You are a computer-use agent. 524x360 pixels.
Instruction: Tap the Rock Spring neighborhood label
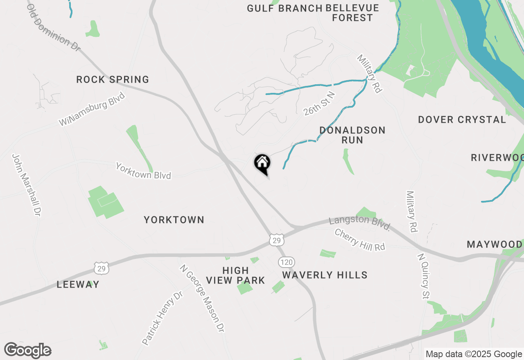click(113, 79)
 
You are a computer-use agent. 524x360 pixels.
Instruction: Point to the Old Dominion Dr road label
click(54, 28)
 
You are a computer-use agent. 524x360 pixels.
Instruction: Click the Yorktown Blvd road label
click(143, 171)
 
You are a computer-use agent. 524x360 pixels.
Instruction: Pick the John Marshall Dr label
click(27, 185)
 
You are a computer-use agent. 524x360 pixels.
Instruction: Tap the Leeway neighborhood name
click(78, 284)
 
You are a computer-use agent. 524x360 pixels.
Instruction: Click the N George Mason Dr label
click(202, 299)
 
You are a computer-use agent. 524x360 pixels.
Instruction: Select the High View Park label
click(235, 275)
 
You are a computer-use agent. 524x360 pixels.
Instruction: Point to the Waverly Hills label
click(325, 275)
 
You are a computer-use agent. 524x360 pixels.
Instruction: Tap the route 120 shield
click(287, 262)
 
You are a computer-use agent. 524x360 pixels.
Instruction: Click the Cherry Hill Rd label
click(360, 240)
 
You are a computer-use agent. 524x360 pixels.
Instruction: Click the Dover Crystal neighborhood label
click(462, 120)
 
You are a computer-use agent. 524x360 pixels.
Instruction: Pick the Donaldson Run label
click(352, 135)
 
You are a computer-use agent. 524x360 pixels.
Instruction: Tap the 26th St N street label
click(319, 104)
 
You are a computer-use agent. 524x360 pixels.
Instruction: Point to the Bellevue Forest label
click(352, 13)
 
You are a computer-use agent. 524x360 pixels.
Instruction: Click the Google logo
click(28, 350)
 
